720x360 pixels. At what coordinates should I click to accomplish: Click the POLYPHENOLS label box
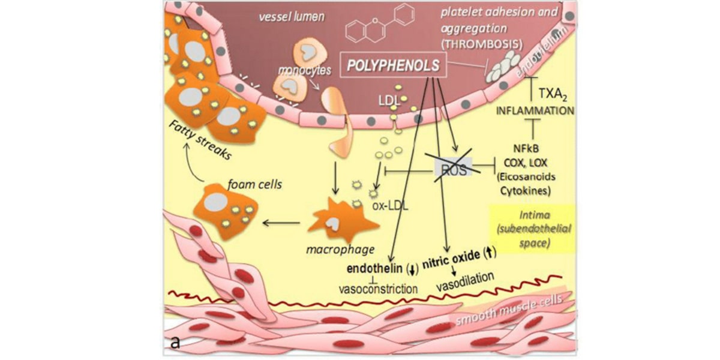click(x=394, y=65)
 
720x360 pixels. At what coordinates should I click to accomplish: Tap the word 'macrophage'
click(x=349, y=248)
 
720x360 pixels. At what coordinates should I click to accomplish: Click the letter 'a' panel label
click(x=174, y=343)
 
